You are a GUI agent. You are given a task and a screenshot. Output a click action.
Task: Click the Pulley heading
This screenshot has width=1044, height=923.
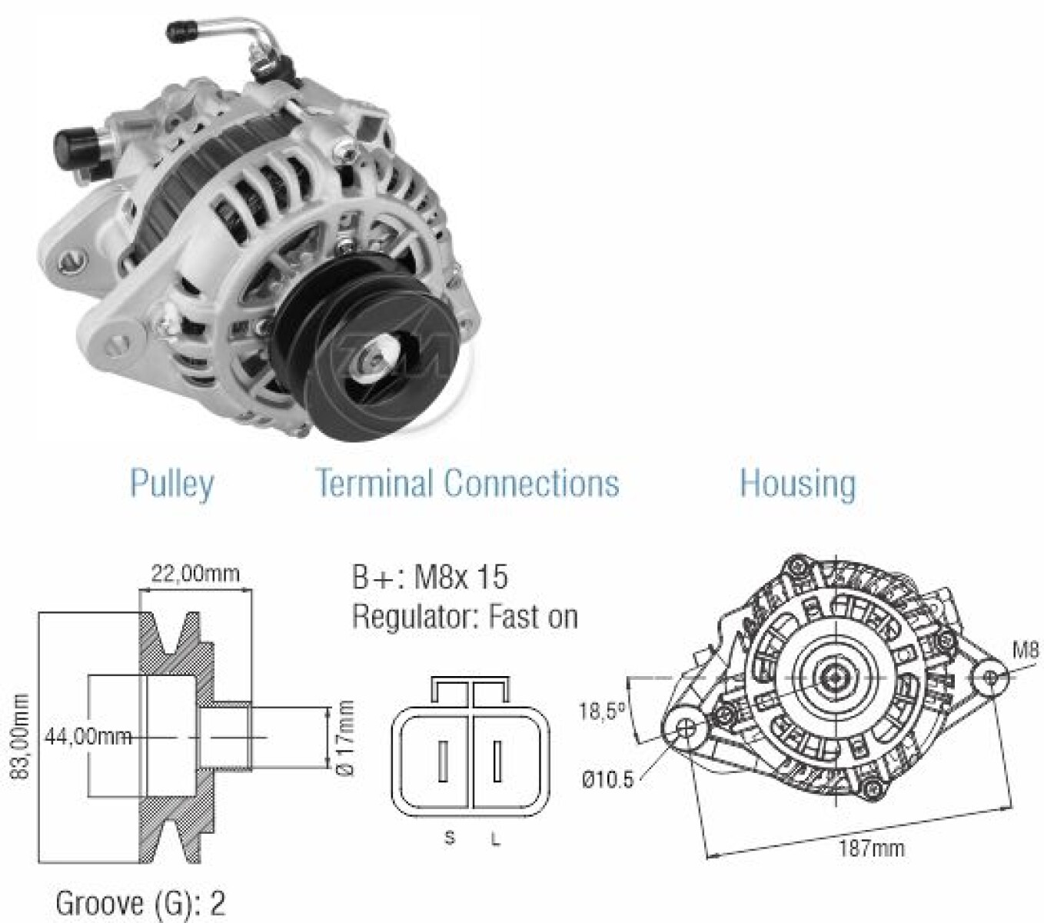(171, 484)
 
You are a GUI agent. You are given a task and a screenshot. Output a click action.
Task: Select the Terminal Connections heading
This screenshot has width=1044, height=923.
(467, 484)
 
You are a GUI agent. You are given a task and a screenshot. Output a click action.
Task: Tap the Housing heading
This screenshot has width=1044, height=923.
(797, 484)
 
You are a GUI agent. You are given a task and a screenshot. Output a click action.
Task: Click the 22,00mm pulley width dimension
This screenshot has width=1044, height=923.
(195, 574)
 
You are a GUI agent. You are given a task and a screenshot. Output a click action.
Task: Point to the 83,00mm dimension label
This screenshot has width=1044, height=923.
(20, 736)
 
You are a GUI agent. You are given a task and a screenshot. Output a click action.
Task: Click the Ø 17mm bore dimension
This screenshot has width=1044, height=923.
(345, 738)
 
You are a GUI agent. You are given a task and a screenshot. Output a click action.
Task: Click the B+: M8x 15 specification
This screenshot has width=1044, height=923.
(430, 577)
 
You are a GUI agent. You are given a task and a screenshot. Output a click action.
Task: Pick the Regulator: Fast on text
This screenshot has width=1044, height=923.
(464, 617)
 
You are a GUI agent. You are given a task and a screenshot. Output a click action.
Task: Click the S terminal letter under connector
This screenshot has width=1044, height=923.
(449, 838)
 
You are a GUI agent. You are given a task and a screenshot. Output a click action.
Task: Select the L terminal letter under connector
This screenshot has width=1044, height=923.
(496, 840)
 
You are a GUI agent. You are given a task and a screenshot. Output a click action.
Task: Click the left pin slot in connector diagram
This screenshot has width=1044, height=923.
(443, 761)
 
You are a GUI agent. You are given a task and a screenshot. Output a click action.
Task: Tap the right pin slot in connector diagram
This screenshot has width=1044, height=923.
(497, 761)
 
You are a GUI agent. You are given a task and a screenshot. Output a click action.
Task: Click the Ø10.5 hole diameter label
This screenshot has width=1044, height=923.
(607, 780)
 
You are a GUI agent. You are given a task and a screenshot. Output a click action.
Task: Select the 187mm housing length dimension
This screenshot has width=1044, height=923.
(871, 848)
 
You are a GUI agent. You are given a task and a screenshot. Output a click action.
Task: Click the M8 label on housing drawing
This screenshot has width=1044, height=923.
(1026, 650)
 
